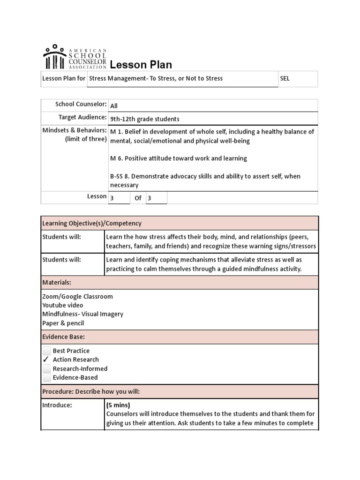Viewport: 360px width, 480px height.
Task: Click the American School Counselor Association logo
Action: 75,57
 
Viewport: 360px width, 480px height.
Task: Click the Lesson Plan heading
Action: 141,65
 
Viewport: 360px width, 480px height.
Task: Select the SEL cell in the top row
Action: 285,79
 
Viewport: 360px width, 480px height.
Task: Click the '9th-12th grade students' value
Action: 144,119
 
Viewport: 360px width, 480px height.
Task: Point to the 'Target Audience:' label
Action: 82,117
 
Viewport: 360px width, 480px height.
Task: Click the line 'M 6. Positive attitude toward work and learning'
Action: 178,158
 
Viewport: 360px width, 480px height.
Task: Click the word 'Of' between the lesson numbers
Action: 138,198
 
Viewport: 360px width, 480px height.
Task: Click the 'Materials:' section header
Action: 57,283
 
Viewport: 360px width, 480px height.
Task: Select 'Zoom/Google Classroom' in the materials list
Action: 77,296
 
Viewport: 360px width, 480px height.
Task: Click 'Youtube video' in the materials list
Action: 63,305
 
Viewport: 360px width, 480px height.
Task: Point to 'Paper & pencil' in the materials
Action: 63,323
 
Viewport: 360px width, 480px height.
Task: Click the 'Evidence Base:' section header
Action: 63,337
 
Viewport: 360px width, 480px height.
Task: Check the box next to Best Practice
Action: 46,351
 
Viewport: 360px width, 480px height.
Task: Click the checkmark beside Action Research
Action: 46,360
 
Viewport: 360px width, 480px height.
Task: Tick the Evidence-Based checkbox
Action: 46,377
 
